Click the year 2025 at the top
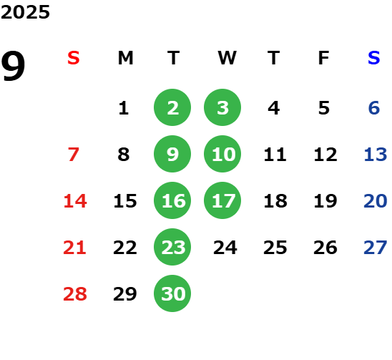click(x=25, y=12)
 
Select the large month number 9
click(x=13, y=66)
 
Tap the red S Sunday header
click(x=74, y=58)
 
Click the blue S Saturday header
click(x=373, y=58)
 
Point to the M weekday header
click(x=125, y=58)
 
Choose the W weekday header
click(x=227, y=58)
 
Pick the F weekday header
click(x=324, y=58)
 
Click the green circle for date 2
click(x=172, y=107)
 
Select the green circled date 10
click(x=222, y=154)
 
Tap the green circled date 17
click(x=222, y=200)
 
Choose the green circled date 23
click(x=172, y=247)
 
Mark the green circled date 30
click(x=172, y=293)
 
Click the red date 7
click(x=74, y=155)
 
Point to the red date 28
click(x=75, y=294)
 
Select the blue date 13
click(x=376, y=155)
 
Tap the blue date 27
click(x=376, y=248)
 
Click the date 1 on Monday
click(x=124, y=108)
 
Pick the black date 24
click(x=225, y=248)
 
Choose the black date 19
click(x=325, y=201)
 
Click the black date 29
click(x=124, y=294)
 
